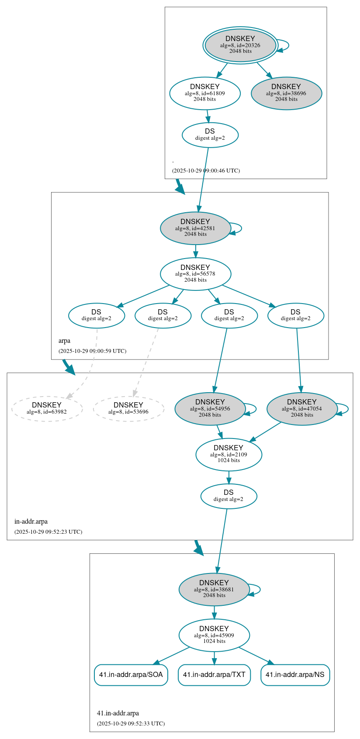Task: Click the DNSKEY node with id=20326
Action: click(x=240, y=45)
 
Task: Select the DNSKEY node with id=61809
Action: click(x=205, y=93)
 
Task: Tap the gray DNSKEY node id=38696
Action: click(x=286, y=93)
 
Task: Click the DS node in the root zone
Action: click(x=210, y=135)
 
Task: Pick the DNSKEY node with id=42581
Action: click(x=195, y=228)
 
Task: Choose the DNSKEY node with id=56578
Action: click(x=195, y=274)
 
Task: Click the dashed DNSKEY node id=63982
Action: click(x=47, y=409)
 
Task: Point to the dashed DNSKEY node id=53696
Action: click(x=128, y=409)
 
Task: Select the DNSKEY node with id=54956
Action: click(x=210, y=409)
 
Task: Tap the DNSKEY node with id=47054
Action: click(x=302, y=409)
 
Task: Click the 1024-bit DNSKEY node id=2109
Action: click(x=228, y=454)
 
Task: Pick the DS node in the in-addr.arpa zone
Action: click(x=228, y=496)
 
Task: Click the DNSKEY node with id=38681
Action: click(x=214, y=589)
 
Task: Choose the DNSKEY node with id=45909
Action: click(x=214, y=635)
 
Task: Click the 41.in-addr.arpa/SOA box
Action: click(x=131, y=675)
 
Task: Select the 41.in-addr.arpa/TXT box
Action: click(x=214, y=675)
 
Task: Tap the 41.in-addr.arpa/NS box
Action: click(x=295, y=675)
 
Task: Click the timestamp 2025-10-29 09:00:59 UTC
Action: click(x=92, y=351)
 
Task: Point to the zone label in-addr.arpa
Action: click(x=31, y=521)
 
